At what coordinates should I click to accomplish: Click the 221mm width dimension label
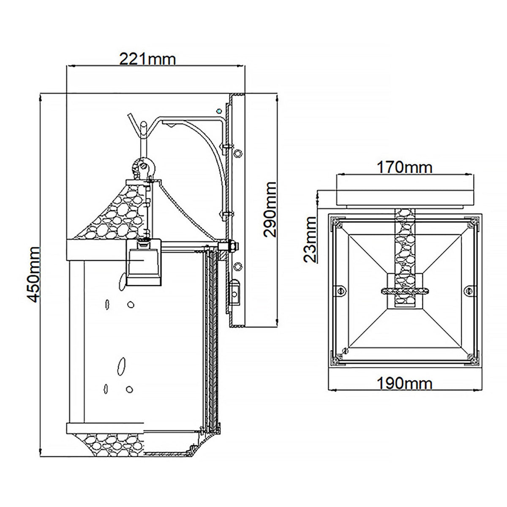pos(147,59)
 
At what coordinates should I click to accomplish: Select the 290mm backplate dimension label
pos(269,210)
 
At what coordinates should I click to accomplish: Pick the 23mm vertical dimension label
pos(311,239)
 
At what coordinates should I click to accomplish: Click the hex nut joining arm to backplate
pos(232,245)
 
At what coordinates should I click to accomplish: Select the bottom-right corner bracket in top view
pos(473,359)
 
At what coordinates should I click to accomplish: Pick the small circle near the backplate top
pos(218,111)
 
